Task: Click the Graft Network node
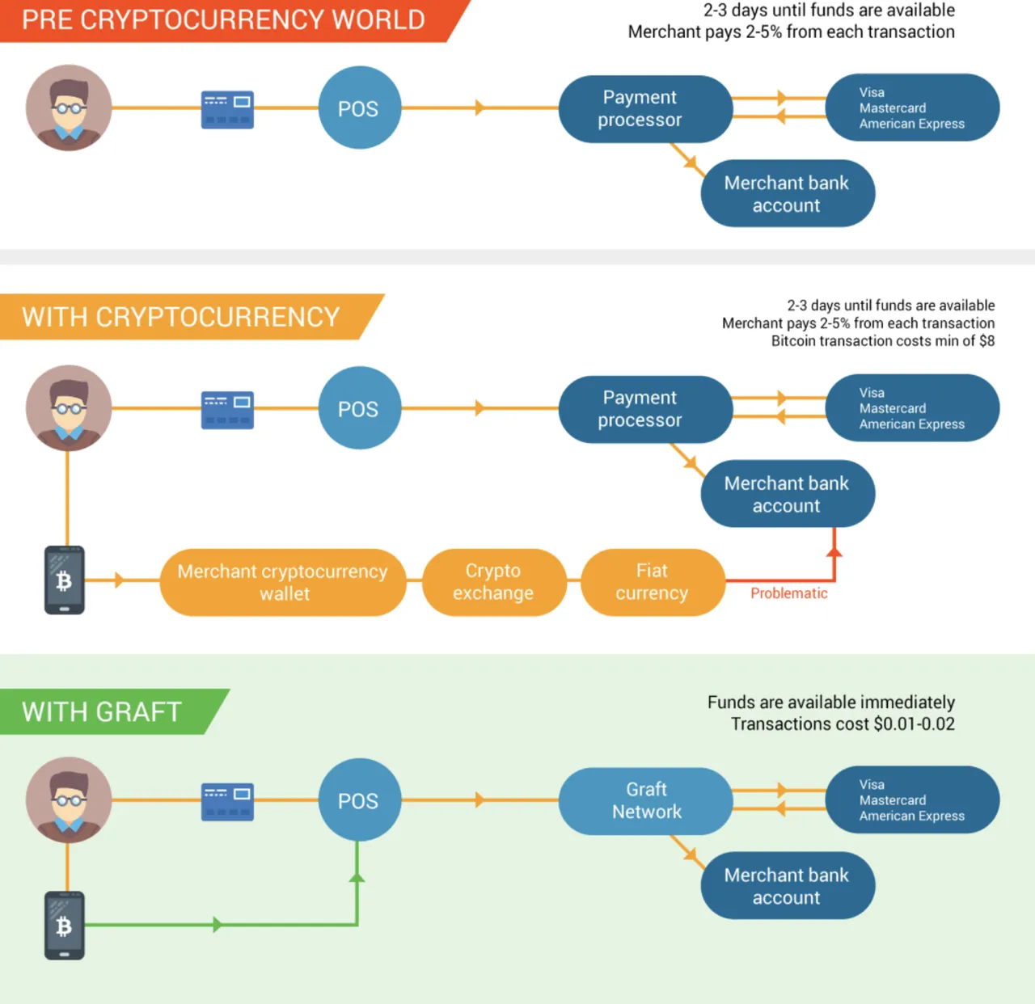click(646, 800)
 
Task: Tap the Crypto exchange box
click(494, 582)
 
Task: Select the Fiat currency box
click(653, 582)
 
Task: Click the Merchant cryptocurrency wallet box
click(283, 582)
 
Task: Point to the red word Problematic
click(788, 593)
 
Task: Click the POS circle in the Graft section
click(360, 799)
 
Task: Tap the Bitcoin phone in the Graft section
click(65, 926)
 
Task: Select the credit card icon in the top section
click(227, 110)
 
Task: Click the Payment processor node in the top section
click(646, 108)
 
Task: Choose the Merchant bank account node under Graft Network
click(788, 885)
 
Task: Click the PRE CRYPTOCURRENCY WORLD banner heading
click(223, 19)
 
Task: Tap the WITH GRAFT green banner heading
click(102, 711)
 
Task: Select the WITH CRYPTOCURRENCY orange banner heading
click(181, 317)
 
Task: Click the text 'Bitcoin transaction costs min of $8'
click(883, 341)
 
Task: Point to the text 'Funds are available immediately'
click(830, 702)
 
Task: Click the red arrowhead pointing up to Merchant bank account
click(834, 551)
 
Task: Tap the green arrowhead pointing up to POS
click(357, 876)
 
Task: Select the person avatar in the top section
click(69, 108)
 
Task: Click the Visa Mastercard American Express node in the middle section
click(912, 408)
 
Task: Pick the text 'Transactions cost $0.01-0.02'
click(843, 723)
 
